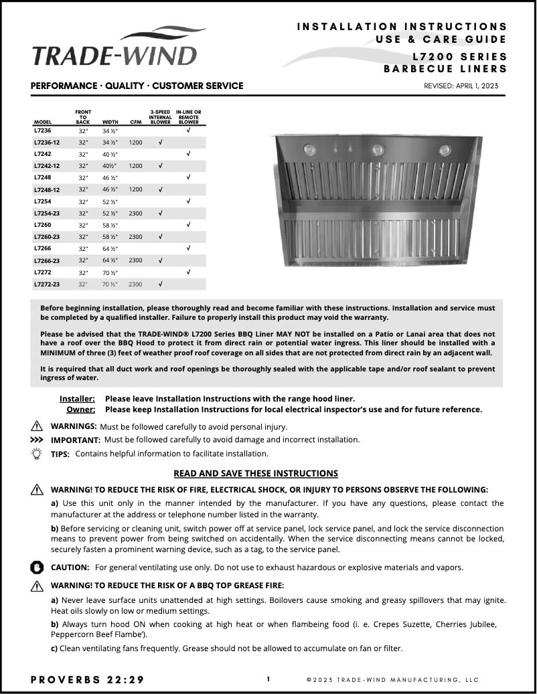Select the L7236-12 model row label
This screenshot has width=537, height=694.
click(46, 143)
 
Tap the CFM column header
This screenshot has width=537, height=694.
click(135, 122)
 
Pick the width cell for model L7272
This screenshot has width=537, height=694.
click(110, 272)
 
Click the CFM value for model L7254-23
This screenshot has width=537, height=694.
click(135, 213)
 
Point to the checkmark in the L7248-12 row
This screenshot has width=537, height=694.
click(160, 189)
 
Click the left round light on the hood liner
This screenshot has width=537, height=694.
click(309, 149)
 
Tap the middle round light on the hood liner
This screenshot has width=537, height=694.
click(377, 149)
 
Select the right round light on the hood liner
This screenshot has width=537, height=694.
click(444, 149)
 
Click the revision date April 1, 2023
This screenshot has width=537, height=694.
click(461, 86)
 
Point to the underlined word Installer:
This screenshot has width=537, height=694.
click(77, 398)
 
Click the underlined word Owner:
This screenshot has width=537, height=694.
click(80, 410)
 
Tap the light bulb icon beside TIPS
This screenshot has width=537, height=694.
click(37, 453)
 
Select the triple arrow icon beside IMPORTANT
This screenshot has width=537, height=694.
click(37, 440)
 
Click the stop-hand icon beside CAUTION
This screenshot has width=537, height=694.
click(37, 567)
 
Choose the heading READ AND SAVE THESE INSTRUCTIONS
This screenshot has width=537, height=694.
click(255, 473)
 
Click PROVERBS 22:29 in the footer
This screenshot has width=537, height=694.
click(87, 679)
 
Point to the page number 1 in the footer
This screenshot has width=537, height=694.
click(268, 679)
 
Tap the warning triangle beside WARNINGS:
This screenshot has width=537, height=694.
click(37, 426)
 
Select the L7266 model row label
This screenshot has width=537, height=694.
click(42, 248)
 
